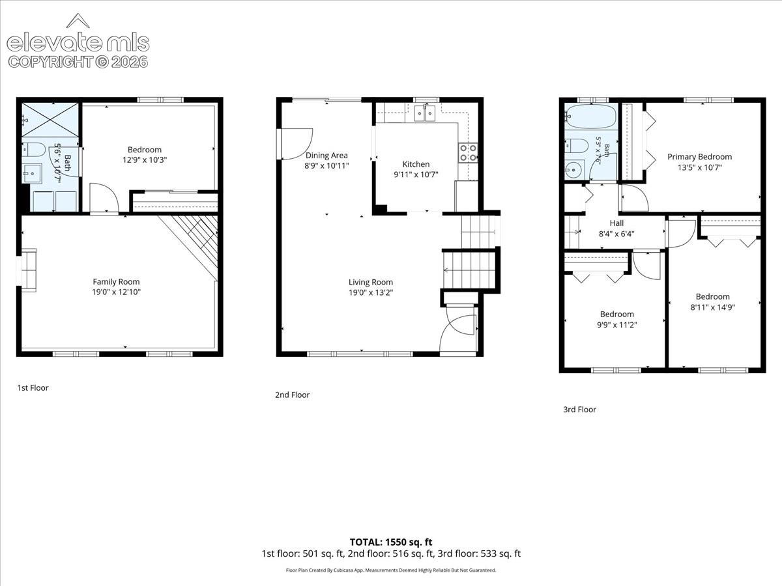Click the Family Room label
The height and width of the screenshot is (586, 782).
116,282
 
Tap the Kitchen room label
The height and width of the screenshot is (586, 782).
416,164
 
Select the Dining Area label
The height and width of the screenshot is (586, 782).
326,156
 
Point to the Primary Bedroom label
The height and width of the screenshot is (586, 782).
700,156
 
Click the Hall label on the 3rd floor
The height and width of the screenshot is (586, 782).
616,223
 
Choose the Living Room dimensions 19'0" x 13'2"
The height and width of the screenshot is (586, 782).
371,292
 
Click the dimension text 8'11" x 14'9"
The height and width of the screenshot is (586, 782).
713,307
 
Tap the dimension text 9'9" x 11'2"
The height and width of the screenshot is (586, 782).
617,324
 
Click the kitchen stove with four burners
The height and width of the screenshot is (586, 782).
468,152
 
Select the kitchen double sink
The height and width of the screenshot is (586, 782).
425,113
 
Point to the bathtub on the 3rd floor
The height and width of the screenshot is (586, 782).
590,117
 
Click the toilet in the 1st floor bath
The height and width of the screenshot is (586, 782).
33,150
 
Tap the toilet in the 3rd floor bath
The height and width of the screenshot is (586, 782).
576,145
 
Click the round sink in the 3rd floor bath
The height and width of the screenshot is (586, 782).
574,170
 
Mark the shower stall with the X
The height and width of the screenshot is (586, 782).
50,120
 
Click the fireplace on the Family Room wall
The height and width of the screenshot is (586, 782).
29,270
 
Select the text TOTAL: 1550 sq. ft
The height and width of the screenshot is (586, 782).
391,542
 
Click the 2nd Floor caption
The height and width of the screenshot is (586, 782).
292,395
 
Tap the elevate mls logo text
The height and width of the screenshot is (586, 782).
78,42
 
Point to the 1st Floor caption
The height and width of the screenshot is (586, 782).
33,387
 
